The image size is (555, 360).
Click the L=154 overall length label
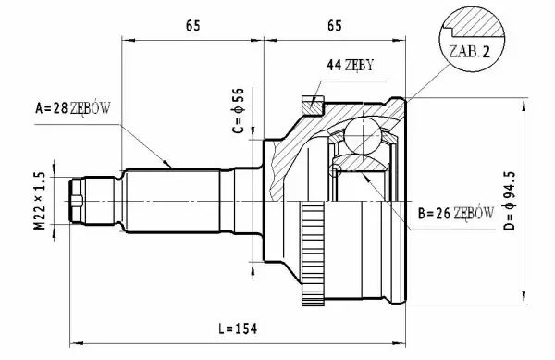coord(238,329)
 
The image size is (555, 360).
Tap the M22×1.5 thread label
coord(40,201)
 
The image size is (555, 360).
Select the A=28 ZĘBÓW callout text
coord(73,108)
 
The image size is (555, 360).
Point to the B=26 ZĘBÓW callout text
coord(455,213)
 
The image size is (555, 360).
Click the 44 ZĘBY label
coord(350,65)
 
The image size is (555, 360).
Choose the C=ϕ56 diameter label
coord(239,110)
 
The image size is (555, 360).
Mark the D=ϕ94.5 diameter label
coord(510,201)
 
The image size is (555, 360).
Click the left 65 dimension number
coord(193,26)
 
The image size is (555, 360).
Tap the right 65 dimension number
coord(335,26)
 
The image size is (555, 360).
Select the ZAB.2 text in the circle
coord(469,52)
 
